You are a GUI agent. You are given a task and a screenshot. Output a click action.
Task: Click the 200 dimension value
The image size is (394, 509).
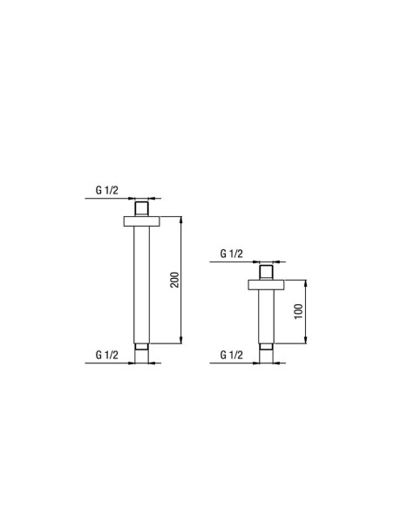[x=174, y=280]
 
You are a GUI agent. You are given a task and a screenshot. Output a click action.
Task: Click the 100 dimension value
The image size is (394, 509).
[x=299, y=311]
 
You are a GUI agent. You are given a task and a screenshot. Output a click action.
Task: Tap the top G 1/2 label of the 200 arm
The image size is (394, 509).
[x=106, y=190]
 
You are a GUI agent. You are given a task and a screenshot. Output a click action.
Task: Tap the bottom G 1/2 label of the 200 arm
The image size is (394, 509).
[x=106, y=355]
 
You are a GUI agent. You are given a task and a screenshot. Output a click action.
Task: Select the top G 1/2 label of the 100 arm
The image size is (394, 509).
[x=231, y=254]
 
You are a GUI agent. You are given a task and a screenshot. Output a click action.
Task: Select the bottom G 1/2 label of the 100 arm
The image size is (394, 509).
[x=231, y=355]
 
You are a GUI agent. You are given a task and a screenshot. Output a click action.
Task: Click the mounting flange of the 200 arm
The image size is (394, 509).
[x=142, y=221]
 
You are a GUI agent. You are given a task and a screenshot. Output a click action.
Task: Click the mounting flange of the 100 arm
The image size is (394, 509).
[x=266, y=285]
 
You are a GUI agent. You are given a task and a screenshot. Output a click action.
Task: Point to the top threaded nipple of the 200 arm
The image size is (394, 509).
[x=142, y=208]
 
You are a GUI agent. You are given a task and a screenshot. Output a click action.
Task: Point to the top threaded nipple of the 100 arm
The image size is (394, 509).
[x=266, y=272]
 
